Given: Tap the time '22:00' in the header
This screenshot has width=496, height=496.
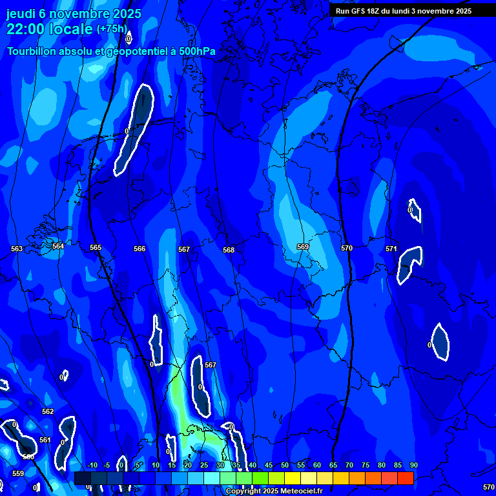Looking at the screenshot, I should pyautogui.click(x=26, y=29).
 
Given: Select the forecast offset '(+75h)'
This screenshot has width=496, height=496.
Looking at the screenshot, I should pyautogui.click(x=111, y=29).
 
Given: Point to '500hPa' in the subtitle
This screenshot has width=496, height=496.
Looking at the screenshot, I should pyautogui.click(x=197, y=51).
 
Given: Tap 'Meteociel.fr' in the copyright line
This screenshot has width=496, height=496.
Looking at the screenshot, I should pyautogui.click(x=302, y=491).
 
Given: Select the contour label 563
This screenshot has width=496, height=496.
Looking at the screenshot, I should pyautogui.click(x=17, y=249).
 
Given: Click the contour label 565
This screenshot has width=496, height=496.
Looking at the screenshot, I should pyautogui.click(x=96, y=247).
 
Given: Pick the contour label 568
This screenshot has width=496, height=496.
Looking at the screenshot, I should pyautogui.click(x=229, y=250).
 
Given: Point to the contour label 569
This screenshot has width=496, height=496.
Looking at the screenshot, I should pyautogui.click(x=302, y=247).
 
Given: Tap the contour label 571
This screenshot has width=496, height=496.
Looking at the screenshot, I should pyautogui.click(x=391, y=249).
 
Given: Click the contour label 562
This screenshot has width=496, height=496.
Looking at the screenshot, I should pyautogui.click(x=48, y=411).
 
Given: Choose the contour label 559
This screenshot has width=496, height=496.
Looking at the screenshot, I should pyautogui.click(x=18, y=473).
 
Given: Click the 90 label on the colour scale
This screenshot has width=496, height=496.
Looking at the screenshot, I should pyautogui.click(x=413, y=465).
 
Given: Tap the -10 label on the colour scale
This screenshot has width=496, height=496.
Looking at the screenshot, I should pyautogui.click(x=92, y=465).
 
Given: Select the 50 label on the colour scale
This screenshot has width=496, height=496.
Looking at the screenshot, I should pyautogui.click(x=285, y=465).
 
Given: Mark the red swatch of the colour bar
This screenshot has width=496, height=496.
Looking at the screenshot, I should pyautogui.click(x=405, y=478).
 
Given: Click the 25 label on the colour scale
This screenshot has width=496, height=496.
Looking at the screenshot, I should pyautogui.click(x=204, y=465).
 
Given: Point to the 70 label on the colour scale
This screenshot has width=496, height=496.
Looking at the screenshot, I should pyautogui.click(x=349, y=465).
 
